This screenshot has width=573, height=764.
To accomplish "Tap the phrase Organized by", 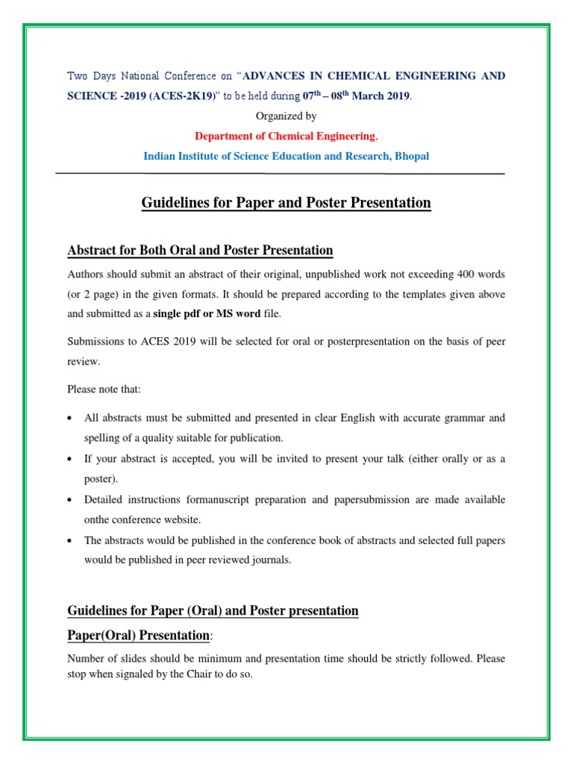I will (x=286, y=116).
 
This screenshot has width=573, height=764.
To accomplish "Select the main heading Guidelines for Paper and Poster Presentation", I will (x=286, y=203).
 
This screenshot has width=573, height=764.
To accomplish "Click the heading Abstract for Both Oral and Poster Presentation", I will (x=200, y=250).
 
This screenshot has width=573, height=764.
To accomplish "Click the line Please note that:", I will (x=104, y=389).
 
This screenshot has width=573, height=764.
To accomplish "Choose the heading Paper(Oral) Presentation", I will (x=138, y=635).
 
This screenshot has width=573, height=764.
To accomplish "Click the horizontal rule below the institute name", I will (x=280, y=174).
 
